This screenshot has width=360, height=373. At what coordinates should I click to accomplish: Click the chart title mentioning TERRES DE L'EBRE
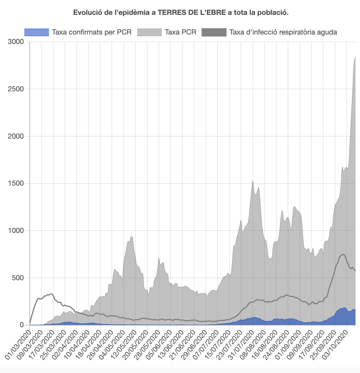181,12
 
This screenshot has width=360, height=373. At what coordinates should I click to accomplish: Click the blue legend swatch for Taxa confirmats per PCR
36,32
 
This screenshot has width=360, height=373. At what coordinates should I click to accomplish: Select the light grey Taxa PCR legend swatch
149,32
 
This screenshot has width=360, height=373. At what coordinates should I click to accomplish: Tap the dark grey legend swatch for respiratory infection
214,32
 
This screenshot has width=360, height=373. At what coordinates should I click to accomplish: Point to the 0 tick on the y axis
22,325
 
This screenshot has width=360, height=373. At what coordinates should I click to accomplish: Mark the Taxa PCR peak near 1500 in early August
253,181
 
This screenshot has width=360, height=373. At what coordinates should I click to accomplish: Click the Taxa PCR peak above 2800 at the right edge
355,57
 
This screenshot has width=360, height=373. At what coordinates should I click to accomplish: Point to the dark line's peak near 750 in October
344,254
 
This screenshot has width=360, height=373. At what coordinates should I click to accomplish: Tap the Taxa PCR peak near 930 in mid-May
132,237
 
